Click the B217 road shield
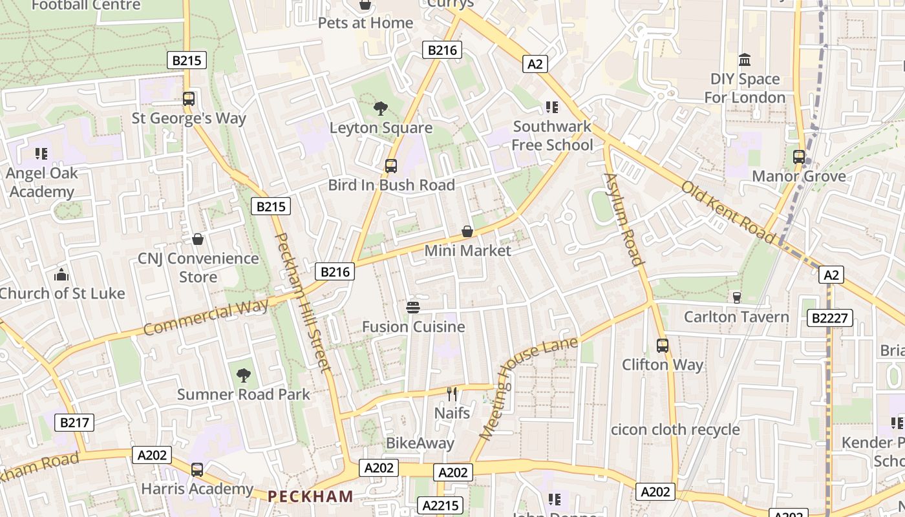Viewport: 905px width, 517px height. tap(74, 423)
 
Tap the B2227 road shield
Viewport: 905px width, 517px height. tap(830, 317)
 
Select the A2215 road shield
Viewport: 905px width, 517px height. tap(440, 505)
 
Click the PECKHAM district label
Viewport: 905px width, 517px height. tap(310, 496)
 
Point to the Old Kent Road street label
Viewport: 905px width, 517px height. tap(728, 212)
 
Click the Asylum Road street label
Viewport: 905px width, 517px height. tap(624, 219)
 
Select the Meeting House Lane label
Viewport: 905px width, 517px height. tap(528, 388)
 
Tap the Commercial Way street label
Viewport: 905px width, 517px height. tap(206, 317)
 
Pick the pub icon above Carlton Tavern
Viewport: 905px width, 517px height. tap(736, 297)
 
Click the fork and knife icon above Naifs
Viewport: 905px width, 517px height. tap(452, 393)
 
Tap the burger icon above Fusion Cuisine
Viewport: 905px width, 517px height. tap(413, 307)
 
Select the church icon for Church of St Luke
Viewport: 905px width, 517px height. tap(61, 275)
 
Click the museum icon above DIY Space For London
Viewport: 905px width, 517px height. tap(745, 60)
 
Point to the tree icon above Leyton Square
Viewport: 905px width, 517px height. tap(380, 108)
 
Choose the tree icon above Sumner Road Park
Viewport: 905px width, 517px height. tap(243, 375)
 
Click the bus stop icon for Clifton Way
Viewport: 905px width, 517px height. tap(662, 345)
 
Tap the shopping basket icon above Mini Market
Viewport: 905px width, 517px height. tap(467, 231)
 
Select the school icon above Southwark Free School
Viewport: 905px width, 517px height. tap(551, 107)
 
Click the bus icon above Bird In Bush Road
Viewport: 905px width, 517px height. tap(391, 165)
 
